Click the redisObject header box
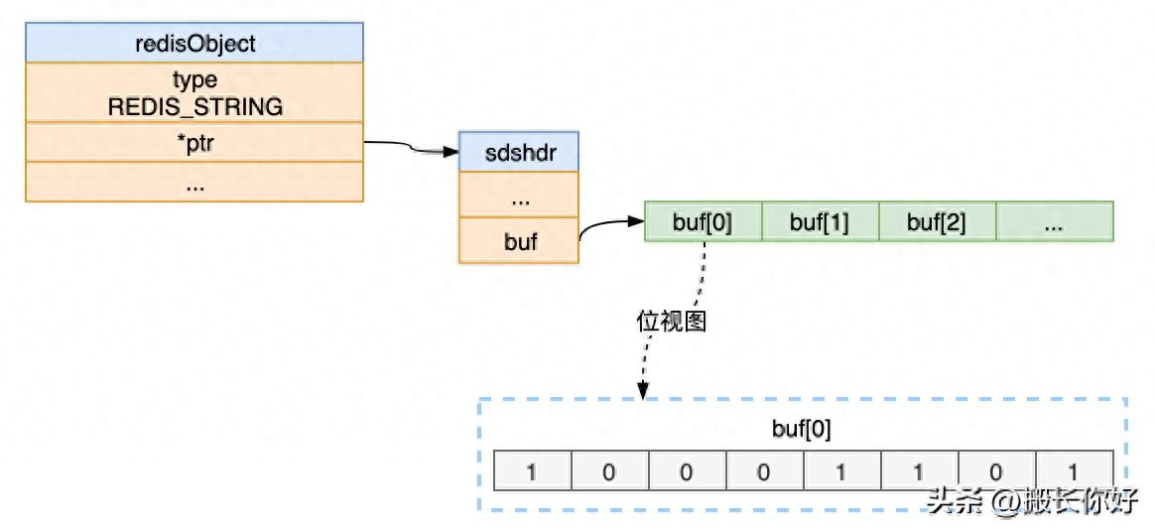click(x=194, y=44)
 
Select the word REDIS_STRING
click(x=194, y=106)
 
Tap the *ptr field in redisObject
click(x=194, y=144)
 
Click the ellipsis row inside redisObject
click(x=194, y=184)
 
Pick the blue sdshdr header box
click(x=518, y=152)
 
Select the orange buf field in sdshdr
click(x=518, y=240)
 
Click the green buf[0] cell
click(x=703, y=222)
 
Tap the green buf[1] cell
click(x=820, y=222)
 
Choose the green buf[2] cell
click(x=937, y=222)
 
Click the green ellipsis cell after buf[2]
click(x=1054, y=222)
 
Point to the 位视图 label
click(x=671, y=321)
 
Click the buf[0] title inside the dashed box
click(x=802, y=430)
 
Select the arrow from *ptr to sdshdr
click(x=412, y=148)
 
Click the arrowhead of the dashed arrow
click(x=643, y=392)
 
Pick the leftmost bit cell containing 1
click(x=532, y=470)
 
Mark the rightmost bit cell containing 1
click(x=1074, y=470)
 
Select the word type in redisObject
click(x=194, y=79)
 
